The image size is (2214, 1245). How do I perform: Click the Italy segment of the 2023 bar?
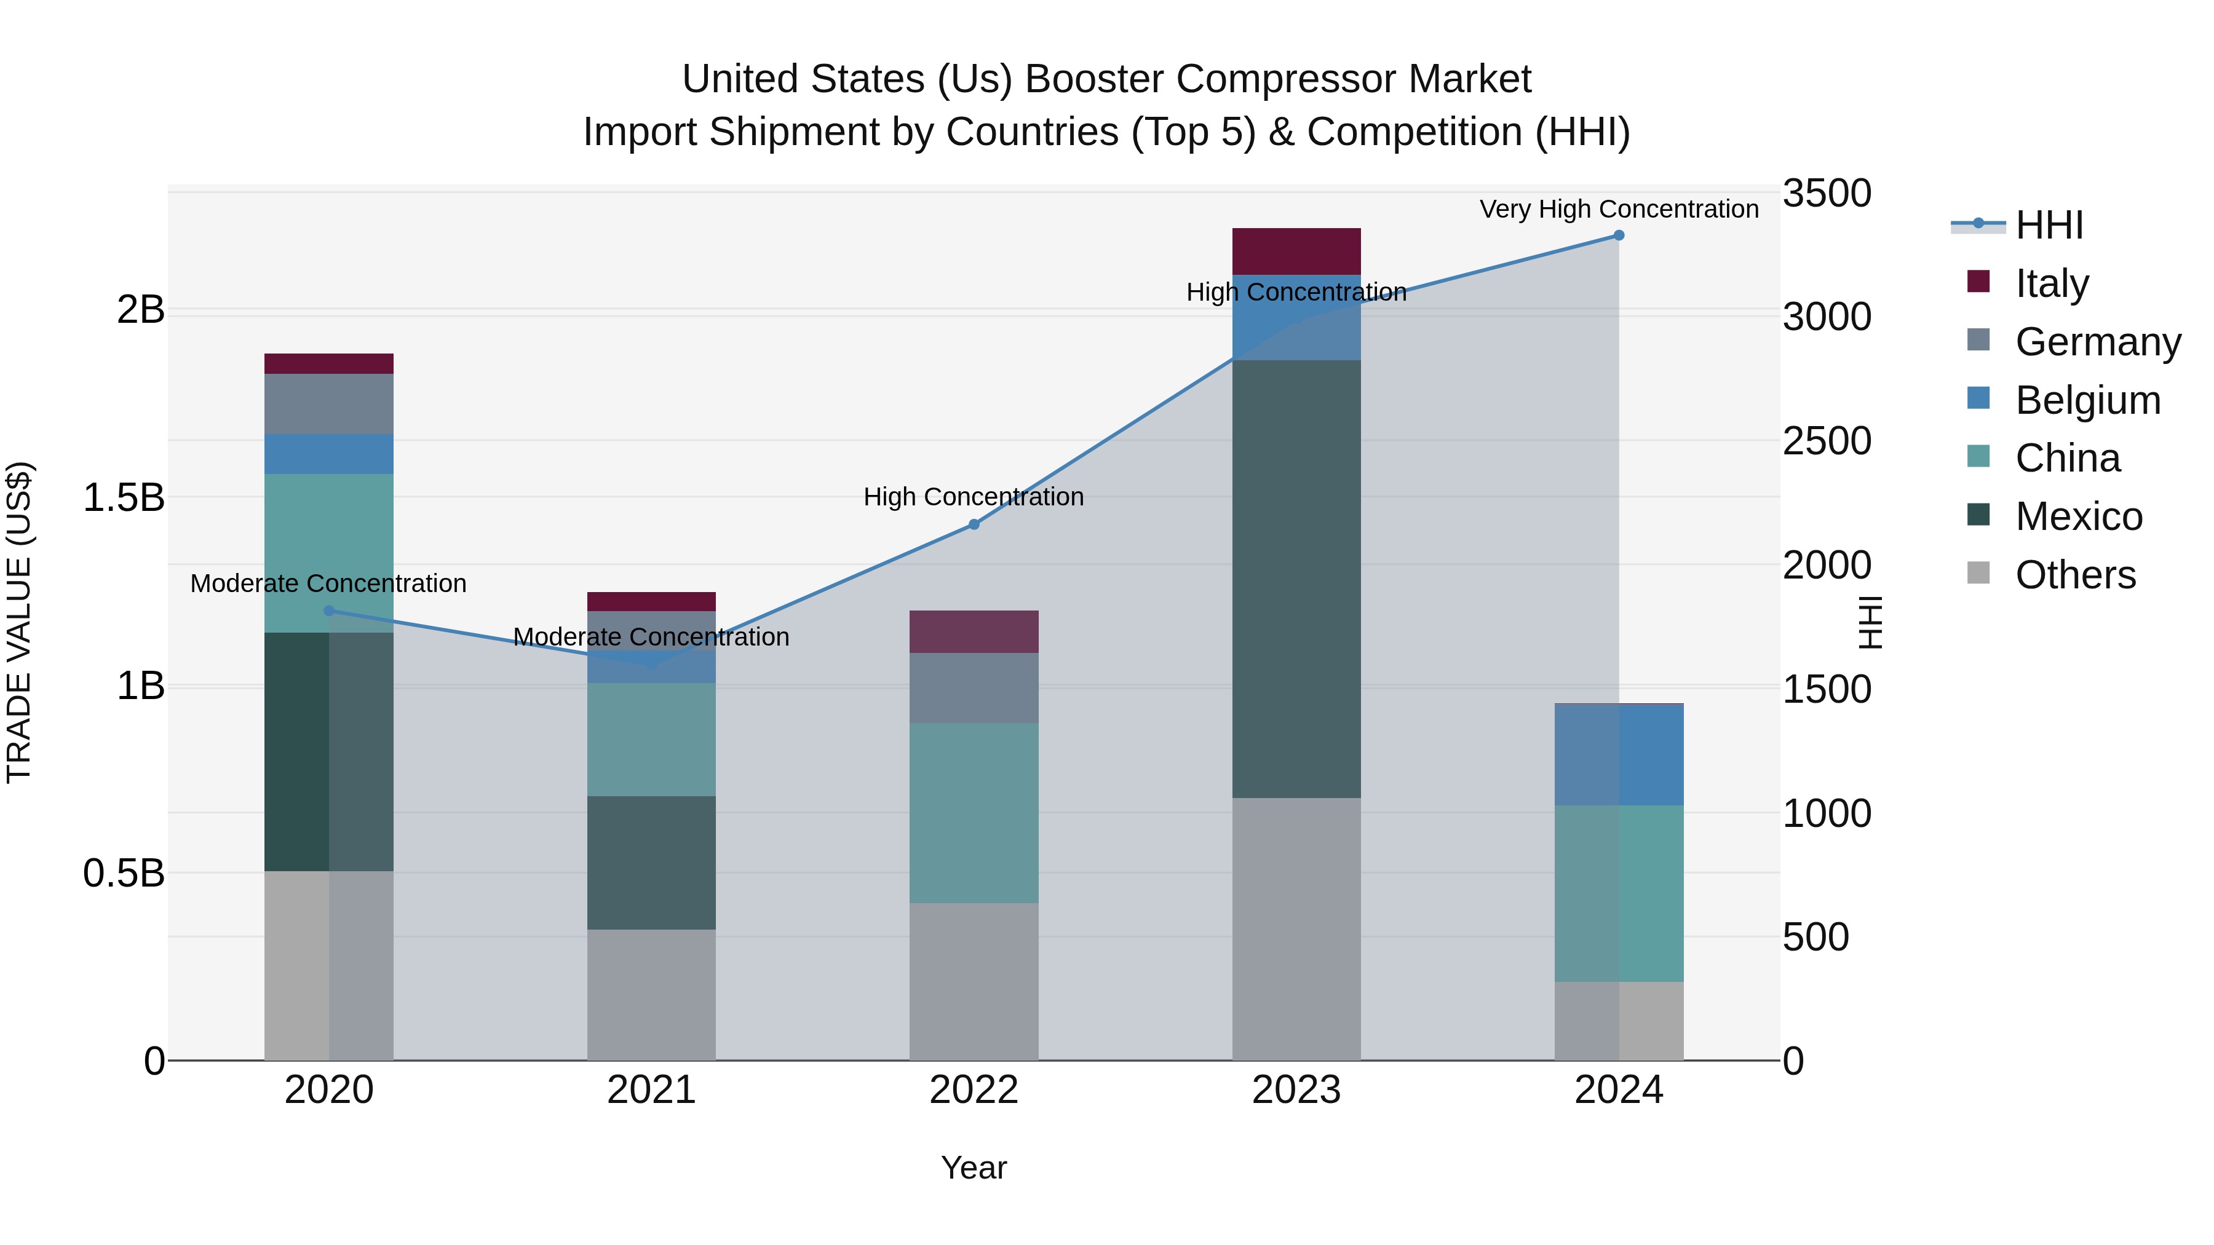pyautogui.click(x=1296, y=251)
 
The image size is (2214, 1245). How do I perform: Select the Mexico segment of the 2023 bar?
pyautogui.click(x=1296, y=579)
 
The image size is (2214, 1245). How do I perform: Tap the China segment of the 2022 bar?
pyautogui.click(x=974, y=812)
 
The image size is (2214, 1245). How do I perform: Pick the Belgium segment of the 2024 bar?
pyautogui.click(x=1619, y=754)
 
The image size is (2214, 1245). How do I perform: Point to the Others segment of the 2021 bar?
pyautogui.click(x=651, y=994)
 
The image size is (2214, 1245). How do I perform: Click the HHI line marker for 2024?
pyautogui.click(x=1619, y=235)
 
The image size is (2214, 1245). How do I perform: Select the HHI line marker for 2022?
pyautogui.click(x=974, y=524)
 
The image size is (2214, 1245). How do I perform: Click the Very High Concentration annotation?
pyautogui.click(x=1619, y=209)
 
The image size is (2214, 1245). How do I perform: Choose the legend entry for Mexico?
pyautogui.click(x=2077, y=516)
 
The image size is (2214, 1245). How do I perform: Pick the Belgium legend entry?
pyautogui.click(x=2086, y=400)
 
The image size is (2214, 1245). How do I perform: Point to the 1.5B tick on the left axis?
pyautogui.click(x=123, y=497)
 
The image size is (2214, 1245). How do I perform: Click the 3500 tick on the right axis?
pyautogui.click(x=1827, y=193)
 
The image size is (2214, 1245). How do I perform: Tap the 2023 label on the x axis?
pyautogui.click(x=1296, y=1090)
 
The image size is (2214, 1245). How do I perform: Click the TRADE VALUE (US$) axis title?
pyautogui.click(x=19, y=622)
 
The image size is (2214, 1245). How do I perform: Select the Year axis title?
pyautogui.click(x=974, y=1168)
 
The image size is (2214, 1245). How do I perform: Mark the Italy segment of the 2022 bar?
pyautogui.click(x=974, y=631)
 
